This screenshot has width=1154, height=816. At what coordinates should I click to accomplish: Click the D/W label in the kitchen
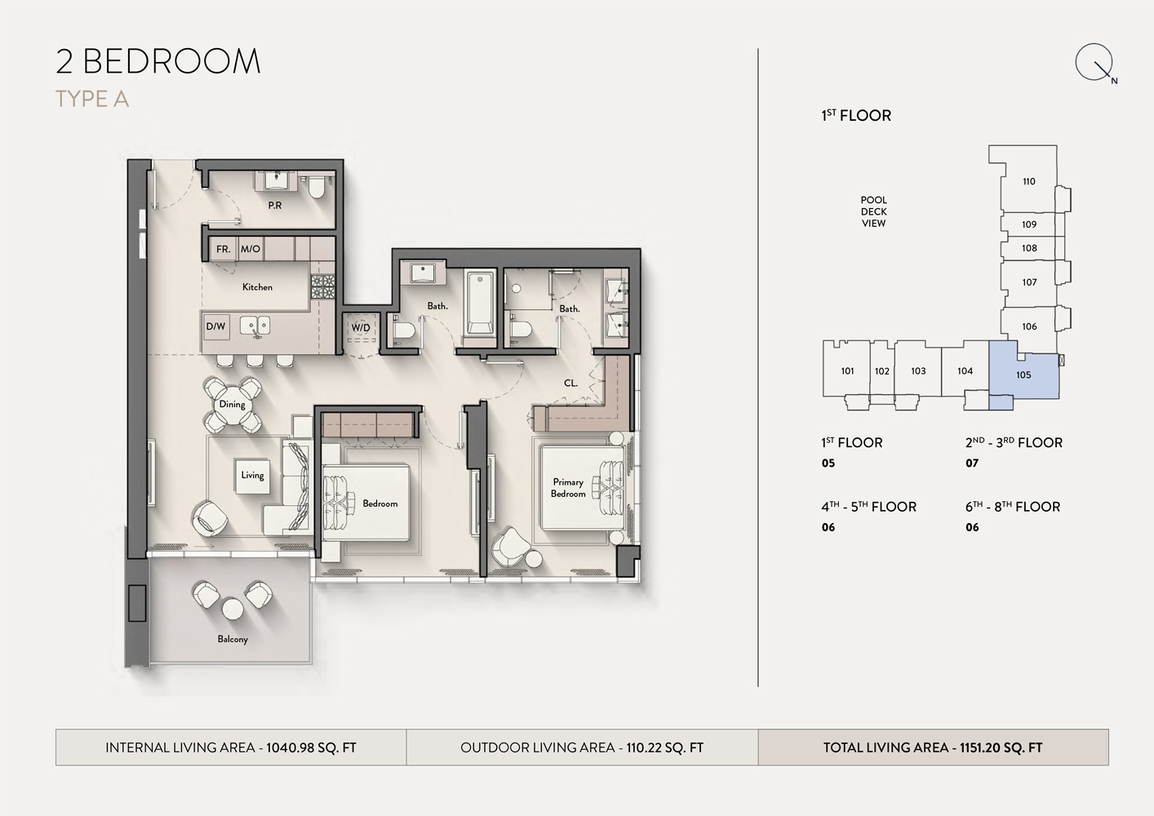[215, 326]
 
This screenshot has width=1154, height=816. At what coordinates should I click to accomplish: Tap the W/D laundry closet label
[361, 328]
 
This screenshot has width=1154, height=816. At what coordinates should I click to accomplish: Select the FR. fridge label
[223, 249]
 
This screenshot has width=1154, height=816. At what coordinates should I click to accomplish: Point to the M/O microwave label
[251, 249]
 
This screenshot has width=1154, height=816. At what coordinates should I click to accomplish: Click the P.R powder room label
[275, 206]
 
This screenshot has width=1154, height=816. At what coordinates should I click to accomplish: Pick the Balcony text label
[233, 639]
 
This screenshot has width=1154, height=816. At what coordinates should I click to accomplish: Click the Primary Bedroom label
[568, 488]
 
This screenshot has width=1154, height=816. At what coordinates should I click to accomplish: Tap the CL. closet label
[570, 383]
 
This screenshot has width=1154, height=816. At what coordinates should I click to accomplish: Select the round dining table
[233, 405]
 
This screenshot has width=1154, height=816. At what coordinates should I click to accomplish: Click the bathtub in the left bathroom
[479, 304]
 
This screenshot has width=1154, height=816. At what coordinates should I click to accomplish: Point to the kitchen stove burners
[322, 286]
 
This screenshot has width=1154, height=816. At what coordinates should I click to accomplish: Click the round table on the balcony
[233, 608]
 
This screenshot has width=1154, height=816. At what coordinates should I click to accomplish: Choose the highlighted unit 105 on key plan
[1024, 375]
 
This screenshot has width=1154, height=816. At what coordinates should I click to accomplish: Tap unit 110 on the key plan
[1029, 182]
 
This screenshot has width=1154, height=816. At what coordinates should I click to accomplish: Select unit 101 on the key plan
[847, 371]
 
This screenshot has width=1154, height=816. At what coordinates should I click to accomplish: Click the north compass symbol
[1094, 64]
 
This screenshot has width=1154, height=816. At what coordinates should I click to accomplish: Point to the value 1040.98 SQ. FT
[311, 747]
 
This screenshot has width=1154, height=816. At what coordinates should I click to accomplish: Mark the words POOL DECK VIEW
[873, 211]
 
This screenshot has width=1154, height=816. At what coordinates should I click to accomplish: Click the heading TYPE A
[92, 100]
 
